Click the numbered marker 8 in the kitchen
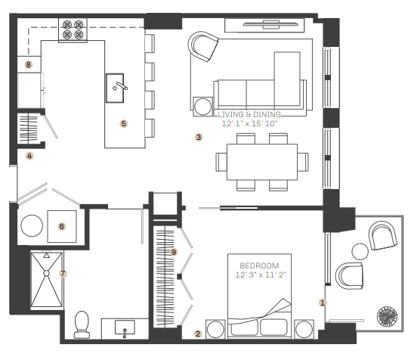tap(28, 64)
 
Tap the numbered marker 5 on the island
tap(124, 123)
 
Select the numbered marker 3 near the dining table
tap(199, 137)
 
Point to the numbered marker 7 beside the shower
tap(63, 274)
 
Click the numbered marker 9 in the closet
tap(174, 252)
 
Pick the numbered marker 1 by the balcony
tap(323, 303)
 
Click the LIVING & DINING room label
tap(249, 114)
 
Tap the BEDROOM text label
tap(259, 265)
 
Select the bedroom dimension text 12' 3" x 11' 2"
tap(261, 275)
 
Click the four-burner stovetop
tap(73, 30)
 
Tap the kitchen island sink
tap(115, 88)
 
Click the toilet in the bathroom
tap(82, 324)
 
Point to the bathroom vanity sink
tap(125, 328)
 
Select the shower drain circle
tap(46, 274)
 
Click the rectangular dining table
tap(262, 162)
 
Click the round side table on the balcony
tap(360, 251)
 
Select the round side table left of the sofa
tap(203, 107)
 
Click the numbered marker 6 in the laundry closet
tap(62, 226)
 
